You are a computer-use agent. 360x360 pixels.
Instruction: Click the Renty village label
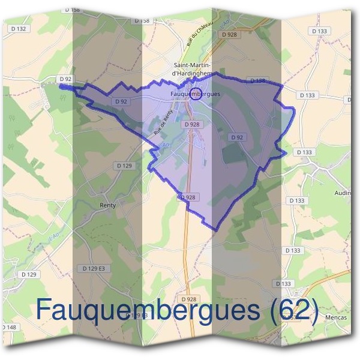tap(107, 205)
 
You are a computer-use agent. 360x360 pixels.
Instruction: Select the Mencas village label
tap(335, 316)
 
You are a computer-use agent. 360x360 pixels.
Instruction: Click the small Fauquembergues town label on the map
tap(196, 94)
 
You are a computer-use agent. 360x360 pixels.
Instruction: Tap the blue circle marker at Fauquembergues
tap(194, 92)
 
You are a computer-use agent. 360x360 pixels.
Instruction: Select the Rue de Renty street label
tap(163, 122)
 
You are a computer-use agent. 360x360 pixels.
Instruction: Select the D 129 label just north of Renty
tap(124, 165)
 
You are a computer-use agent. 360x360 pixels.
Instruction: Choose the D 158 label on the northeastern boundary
tap(257, 80)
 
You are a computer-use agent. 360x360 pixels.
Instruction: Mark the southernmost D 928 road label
tap(188, 298)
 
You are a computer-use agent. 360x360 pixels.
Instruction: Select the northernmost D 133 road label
tap(320, 31)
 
